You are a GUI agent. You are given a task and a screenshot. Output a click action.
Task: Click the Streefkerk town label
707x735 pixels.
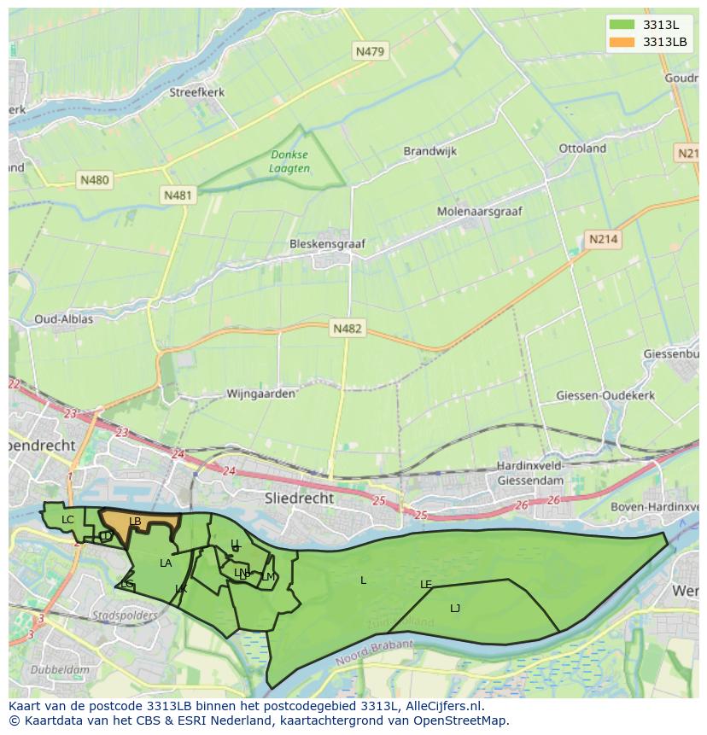197,92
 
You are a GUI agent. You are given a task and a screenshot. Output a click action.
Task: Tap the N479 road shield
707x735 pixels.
370,51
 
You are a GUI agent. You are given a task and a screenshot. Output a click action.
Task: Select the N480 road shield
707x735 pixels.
94,180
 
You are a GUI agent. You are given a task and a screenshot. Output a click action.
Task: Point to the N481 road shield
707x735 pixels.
178,195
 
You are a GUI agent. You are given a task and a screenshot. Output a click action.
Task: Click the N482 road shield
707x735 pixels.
348,328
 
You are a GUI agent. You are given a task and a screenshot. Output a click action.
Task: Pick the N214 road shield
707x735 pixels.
603,240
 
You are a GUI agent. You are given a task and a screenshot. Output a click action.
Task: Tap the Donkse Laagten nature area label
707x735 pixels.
289,161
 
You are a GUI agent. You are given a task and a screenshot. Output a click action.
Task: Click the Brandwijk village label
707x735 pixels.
429,151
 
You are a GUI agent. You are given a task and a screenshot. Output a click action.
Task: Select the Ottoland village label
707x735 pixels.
582,148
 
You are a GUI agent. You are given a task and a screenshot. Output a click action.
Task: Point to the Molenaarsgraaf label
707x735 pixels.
479,211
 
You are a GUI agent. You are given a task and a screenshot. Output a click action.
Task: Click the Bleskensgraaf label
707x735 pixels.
327,243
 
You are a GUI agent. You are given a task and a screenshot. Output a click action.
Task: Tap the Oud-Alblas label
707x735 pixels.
64,319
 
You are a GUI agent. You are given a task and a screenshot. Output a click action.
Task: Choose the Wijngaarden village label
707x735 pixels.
260,394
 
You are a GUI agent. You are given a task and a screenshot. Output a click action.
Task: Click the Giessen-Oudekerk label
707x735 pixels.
605,395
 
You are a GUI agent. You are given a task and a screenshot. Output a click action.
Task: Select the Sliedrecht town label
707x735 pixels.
300,497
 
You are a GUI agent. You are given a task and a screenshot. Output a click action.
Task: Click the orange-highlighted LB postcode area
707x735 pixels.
141,522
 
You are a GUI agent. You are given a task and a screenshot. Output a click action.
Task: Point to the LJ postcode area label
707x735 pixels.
455,608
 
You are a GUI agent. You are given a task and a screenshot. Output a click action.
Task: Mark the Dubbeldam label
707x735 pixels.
60,670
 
